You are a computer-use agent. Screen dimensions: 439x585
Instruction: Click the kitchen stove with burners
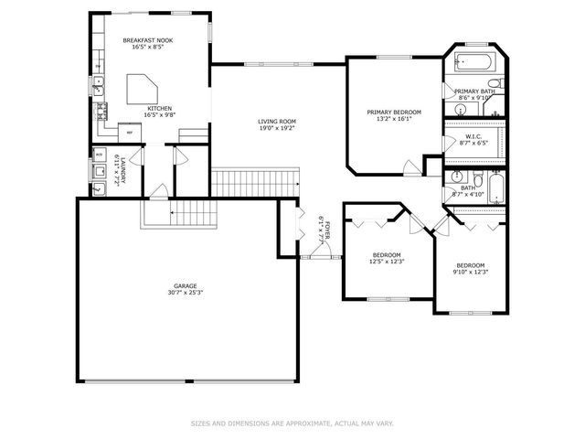click(100, 113)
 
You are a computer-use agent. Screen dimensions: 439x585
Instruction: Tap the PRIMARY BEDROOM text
click(394, 112)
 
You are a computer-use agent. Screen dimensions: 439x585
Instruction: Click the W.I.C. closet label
click(473, 137)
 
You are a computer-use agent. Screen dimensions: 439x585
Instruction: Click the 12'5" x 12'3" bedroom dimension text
click(387, 262)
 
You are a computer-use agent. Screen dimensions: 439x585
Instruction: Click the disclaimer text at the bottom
click(292, 423)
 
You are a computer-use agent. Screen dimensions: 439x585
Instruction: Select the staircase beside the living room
click(255, 180)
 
